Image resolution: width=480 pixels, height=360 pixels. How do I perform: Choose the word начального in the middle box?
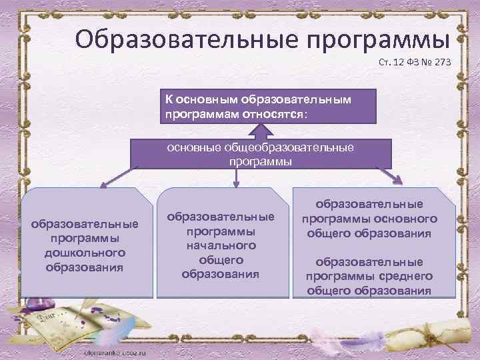(220, 245)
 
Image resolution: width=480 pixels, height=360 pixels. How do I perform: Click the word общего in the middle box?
(220, 259)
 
